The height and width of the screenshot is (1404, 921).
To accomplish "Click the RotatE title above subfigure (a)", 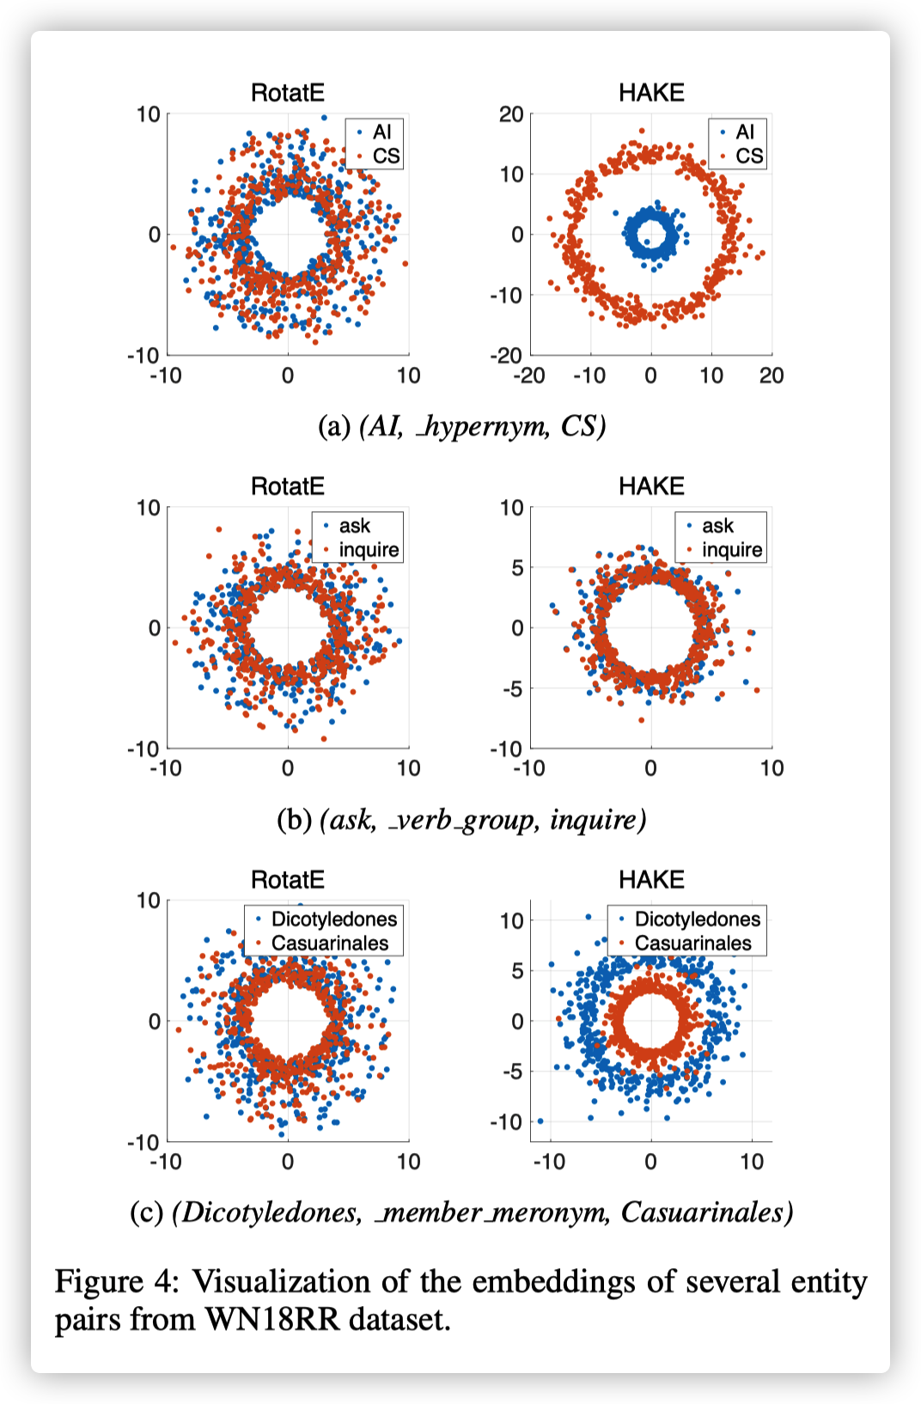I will tap(287, 93).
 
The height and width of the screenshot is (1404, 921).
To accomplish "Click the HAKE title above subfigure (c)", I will tap(651, 880).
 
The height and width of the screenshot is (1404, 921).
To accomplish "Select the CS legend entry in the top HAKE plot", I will tap(748, 156).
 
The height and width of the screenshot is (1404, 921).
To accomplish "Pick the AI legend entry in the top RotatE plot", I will tap(381, 131).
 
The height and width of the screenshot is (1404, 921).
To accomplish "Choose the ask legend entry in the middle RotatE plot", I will tap(354, 526).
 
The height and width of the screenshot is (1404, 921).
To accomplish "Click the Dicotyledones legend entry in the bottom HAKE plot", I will tap(697, 919).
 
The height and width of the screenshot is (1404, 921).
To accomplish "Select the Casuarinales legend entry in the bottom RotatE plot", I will tap(329, 943).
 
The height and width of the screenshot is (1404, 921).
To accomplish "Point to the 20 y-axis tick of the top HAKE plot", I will tap(512, 114).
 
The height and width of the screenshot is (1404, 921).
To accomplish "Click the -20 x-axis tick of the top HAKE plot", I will tap(529, 375).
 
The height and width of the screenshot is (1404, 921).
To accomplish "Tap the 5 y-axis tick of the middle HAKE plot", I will tap(517, 568).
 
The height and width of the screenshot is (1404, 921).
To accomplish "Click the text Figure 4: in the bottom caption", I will tap(117, 1281).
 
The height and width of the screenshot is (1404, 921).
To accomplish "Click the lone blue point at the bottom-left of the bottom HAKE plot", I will tap(540, 1121).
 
